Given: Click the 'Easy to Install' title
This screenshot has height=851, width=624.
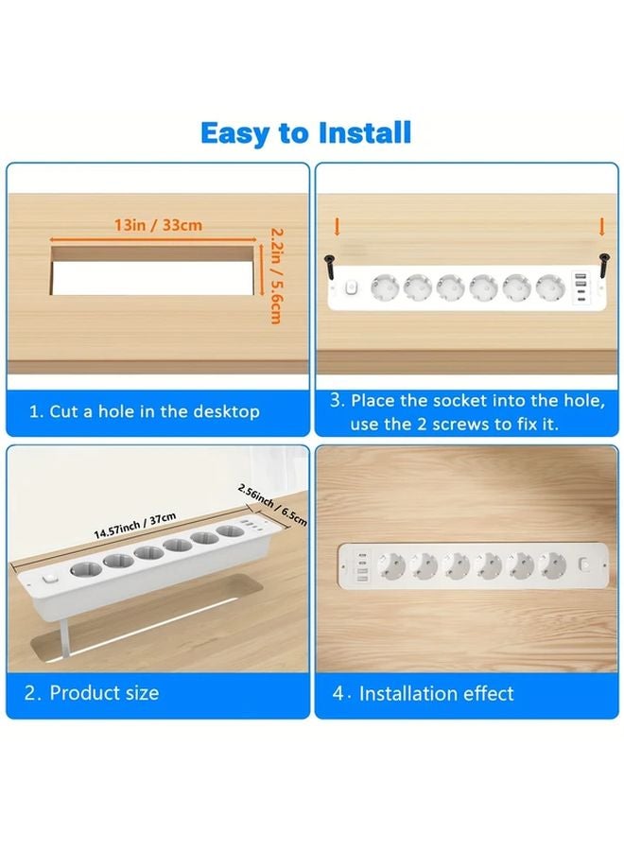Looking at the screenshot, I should click(x=305, y=133).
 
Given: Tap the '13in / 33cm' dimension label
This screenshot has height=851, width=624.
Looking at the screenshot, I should click(x=158, y=225).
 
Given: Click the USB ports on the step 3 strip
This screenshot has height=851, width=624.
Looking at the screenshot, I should click(x=579, y=287).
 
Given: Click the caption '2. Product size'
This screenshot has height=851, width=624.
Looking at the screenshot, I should click(x=92, y=693).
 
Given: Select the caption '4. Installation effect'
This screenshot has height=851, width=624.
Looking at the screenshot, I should click(x=424, y=693).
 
